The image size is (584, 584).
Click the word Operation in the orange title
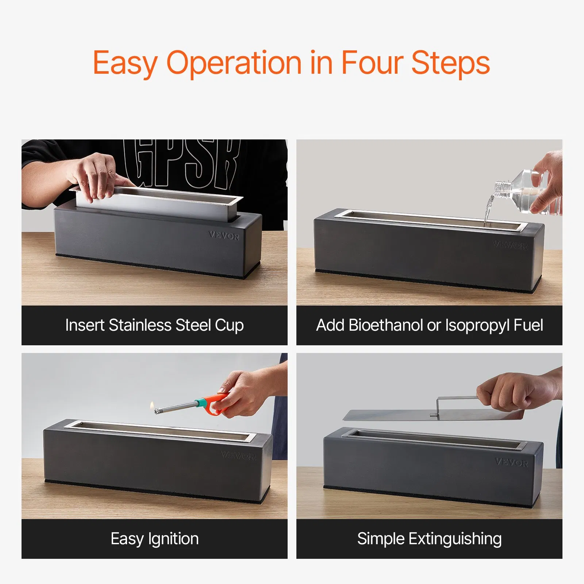pyautogui.click(x=234, y=63)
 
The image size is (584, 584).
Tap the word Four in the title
pyautogui.click(x=372, y=63)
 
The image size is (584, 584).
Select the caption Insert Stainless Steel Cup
pyautogui.click(x=154, y=325)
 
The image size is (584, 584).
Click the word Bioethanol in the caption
pyautogui.click(x=385, y=325)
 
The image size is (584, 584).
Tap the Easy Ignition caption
pyautogui.click(x=154, y=539)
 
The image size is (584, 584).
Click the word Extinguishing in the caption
pyautogui.click(x=455, y=539)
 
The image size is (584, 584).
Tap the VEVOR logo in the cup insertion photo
pyautogui.click(x=224, y=236)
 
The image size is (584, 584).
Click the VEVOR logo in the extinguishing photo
pyautogui.click(x=511, y=462)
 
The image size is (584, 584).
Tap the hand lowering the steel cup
pyautogui.click(x=97, y=175)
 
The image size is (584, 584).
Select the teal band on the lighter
pyautogui.click(x=201, y=403)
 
